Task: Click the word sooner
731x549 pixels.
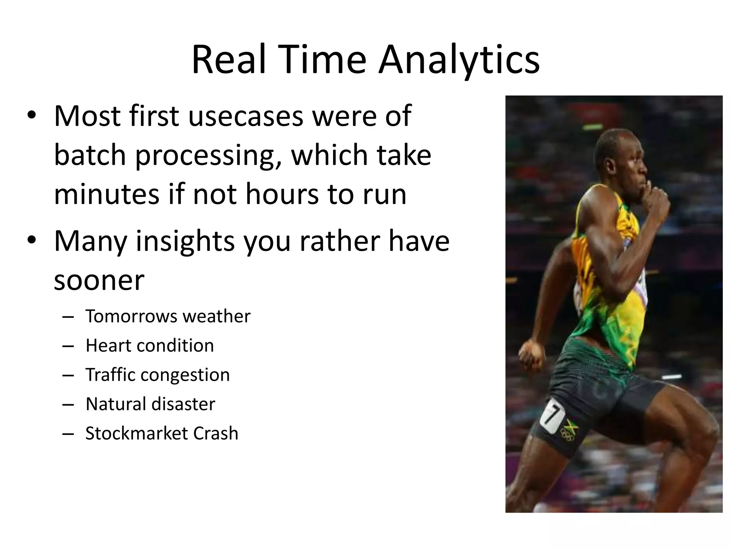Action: coord(99,281)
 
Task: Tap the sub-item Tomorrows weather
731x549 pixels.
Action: coord(168,316)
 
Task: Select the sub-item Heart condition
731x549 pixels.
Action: coord(150,346)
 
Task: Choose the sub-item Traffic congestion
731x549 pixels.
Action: coord(157,375)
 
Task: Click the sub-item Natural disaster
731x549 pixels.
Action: coord(150,404)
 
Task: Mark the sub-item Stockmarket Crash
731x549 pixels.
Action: coord(162,434)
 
